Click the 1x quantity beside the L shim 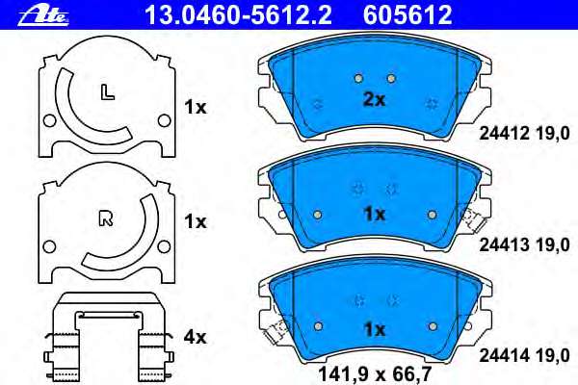coord(196,109)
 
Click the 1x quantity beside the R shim coord(196,221)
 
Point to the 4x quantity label coord(196,338)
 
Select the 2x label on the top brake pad coord(373,100)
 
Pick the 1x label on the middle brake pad coord(373,213)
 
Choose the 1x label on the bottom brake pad coord(373,329)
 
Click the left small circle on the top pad coord(357,78)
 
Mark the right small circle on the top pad coord(390,78)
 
